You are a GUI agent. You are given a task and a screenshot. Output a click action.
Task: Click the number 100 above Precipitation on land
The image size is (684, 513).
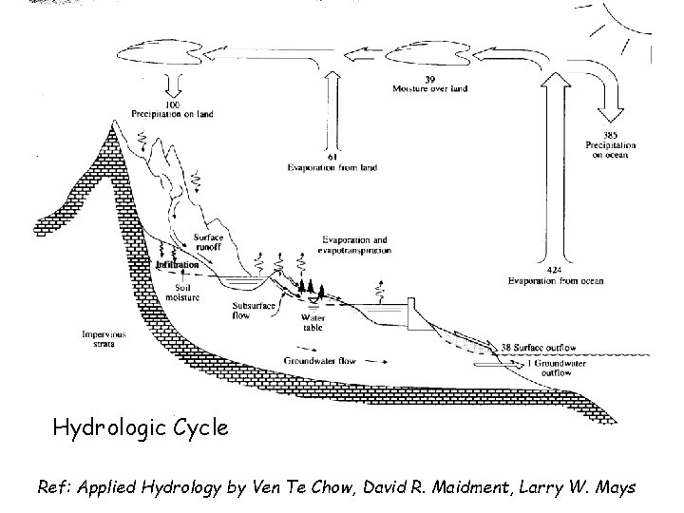click(x=174, y=104)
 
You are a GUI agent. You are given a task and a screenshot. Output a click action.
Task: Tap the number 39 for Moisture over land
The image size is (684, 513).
click(x=430, y=79)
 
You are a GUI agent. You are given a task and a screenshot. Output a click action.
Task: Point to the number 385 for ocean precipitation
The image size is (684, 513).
click(x=611, y=134)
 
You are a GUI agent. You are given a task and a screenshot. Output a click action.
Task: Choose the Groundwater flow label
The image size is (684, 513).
click(x=321, y=361)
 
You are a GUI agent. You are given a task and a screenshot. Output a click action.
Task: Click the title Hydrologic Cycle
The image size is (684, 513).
click(x=140, y=427)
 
